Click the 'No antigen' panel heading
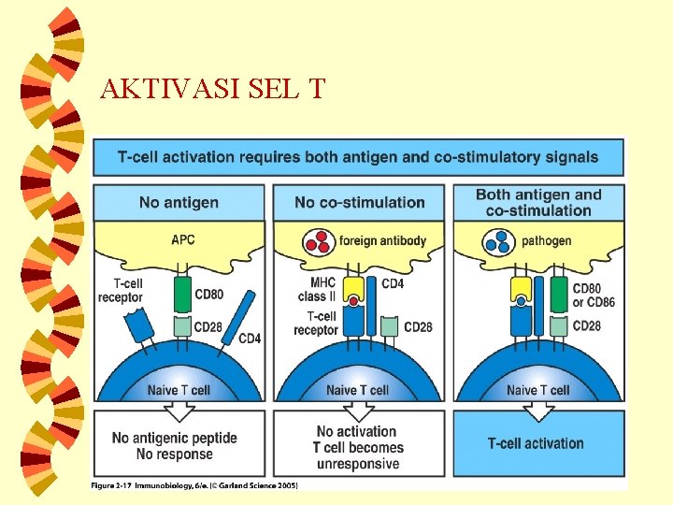pyautogui.click(x=179, y=202)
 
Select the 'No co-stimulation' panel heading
pyautogui.click(x=359, y=202)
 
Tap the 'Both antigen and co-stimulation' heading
pyautogui.click(x=538, y=202)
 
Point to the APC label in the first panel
pyautogui.click(x=183, y=239)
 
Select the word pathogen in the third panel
pyautogui.click(x=546, y=240)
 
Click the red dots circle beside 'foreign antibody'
pyautogui.click(x=320, y=242)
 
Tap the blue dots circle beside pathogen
pyautogui.click(x=499, y=242)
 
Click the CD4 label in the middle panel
pyautogui.click(x=393, y=283)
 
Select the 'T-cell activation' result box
pyautogui.click(x=537, y=443)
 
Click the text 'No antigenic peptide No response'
pyautogui.click(x=175, y=446)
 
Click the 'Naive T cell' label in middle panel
pyautogui.click(x=356, y=390)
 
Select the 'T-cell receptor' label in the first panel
pyautogui.click(x=121, y=290)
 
